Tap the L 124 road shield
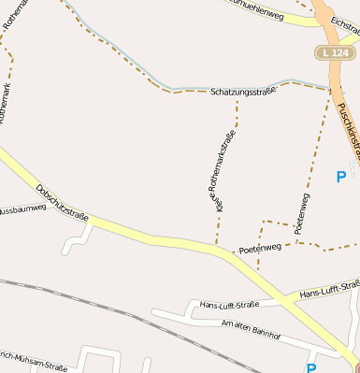[337, 53]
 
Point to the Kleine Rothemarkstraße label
[220, 169]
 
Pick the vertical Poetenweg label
[303, 214]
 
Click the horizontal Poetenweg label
[259, 249]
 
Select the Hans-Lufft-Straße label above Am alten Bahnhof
[228, 304]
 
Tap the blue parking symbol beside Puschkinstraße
[340, 176]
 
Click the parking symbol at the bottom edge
[310, 367]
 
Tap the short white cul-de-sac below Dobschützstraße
[75, 241]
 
